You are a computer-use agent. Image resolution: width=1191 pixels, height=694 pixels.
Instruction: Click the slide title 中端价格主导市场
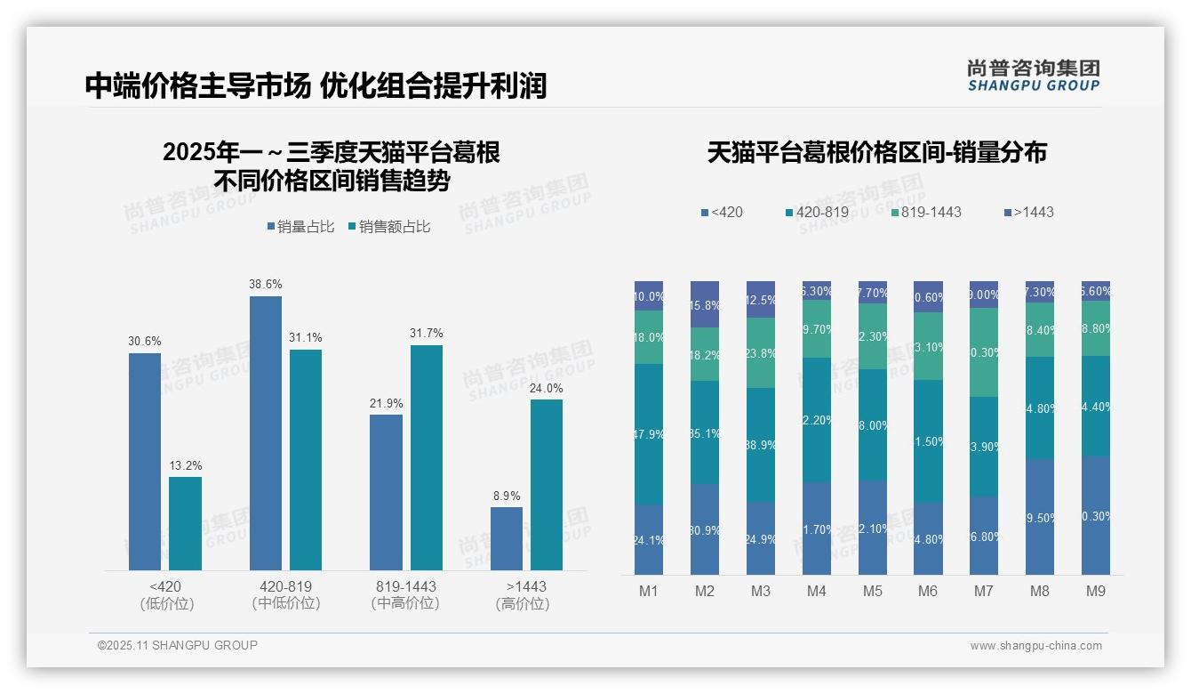(x=197, y=85)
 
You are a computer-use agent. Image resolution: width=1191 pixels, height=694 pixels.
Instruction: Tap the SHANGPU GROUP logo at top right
(x=1034, y=76)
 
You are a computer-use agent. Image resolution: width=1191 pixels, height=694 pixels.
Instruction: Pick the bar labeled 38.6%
(x=266, y=432)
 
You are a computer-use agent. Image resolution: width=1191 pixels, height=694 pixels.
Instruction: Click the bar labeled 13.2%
(x=185, y=523)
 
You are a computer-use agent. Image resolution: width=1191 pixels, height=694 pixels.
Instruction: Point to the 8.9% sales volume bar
(x=507, y=538)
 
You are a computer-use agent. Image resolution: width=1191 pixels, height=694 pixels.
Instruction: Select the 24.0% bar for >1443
(x=547, y=484)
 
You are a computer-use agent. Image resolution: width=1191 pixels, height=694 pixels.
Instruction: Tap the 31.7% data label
(x=426, y=333)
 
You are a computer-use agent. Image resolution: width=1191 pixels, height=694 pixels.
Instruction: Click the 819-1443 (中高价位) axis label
(x=405, y=594)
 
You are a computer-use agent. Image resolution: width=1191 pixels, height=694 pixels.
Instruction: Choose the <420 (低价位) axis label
(x=166, y=594)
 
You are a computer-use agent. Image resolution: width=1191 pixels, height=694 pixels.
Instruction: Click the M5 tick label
(x=872, y=591)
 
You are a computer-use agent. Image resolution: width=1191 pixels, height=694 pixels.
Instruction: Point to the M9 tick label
(x=1095, y=591)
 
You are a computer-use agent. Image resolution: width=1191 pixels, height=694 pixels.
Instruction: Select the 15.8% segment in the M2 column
(x=705, y=304)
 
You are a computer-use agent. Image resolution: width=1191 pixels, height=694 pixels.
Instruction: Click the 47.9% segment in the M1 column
(x=649, y=434)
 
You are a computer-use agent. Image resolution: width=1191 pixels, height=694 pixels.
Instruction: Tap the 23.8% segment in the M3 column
(x=761, y=352)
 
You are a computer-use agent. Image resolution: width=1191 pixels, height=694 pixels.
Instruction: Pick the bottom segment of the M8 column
(x=1040, y=516)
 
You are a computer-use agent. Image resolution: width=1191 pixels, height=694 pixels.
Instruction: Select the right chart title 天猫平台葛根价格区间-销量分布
(x=876, y=152)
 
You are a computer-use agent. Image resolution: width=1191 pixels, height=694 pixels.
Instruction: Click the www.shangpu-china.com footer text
(x=1035, y=646)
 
